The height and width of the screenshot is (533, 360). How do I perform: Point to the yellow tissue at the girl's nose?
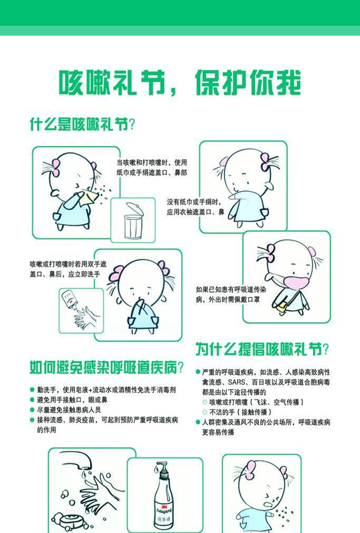click(x=88, y=197)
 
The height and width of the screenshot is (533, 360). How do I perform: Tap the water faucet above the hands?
click(x=77, y=459)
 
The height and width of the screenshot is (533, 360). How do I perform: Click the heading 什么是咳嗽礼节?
click(x=82, y=124)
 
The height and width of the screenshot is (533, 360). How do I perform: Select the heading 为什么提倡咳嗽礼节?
click(x=262, y=349)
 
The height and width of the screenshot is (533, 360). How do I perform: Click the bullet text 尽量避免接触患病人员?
click(x=69, y=410)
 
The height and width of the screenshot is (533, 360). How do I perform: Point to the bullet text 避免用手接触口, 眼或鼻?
click(x=72, y=400)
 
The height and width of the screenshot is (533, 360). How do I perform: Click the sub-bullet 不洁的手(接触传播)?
click(x=240, y=412)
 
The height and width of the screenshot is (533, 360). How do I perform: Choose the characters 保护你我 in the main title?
click(x=247, y=83)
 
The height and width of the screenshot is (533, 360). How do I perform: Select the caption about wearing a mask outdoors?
click(x=231, y=295)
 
